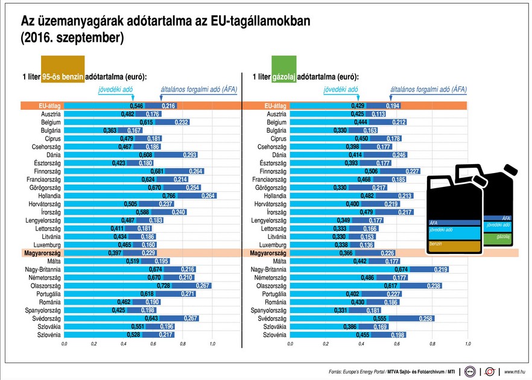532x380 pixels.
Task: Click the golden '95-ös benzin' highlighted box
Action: [63, 77]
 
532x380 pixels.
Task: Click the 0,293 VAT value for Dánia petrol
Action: [174, 154]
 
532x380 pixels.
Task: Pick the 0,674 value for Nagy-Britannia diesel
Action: [401, 270]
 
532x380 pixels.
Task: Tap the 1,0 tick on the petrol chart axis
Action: [212, 343]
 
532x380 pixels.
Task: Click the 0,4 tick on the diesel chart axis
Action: [361, 343]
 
